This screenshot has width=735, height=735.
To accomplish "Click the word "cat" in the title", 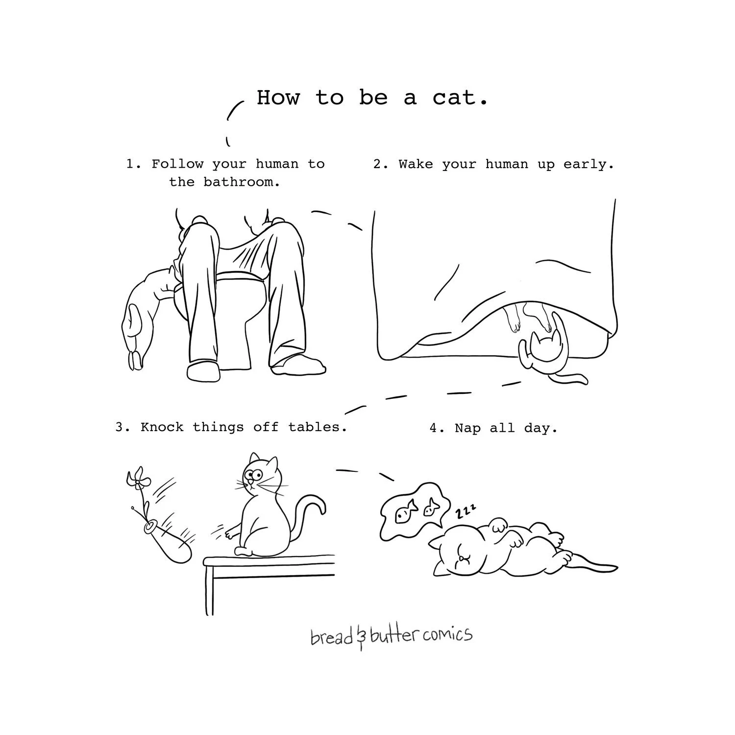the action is (x=454, y=98).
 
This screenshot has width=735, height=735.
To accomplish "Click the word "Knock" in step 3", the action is (x=162, y=427).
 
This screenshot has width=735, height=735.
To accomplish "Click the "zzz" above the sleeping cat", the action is (x=465, y=512).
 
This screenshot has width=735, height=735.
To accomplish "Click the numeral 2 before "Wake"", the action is (x=377, y=164).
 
